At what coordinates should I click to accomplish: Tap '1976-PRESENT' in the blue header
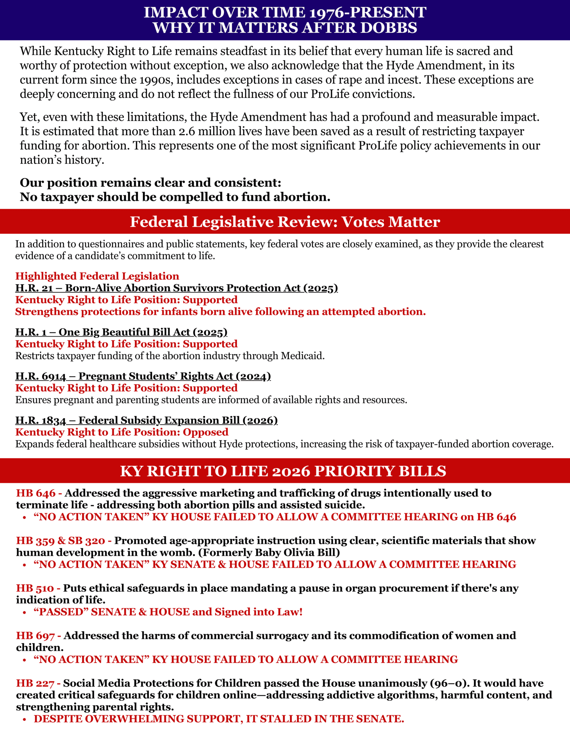(368, 12)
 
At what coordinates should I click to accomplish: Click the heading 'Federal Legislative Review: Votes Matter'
(285, 222)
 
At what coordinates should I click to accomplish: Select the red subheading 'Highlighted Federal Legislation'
(97, 276)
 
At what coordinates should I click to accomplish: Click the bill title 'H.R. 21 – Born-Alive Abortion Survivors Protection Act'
(176, 288)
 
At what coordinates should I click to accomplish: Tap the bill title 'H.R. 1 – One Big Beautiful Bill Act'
(121, 332)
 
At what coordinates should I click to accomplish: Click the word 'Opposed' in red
(205, 432)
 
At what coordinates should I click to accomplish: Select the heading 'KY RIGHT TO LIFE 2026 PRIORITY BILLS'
(283, 471)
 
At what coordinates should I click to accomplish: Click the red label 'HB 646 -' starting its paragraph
(39, 493)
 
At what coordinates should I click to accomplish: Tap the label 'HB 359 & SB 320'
(61, 541)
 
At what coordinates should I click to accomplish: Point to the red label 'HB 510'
(35, 588)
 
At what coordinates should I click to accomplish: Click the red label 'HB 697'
(35, 636)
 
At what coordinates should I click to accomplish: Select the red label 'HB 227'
(35, 683)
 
